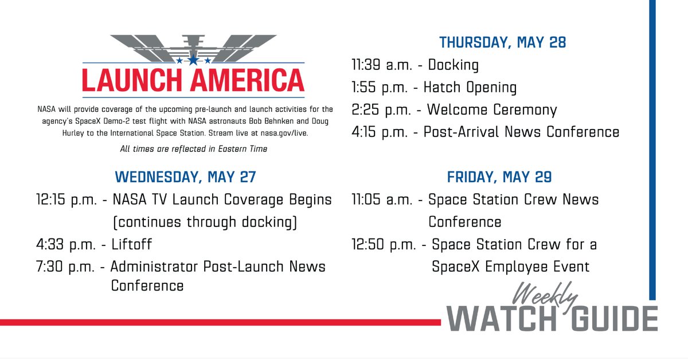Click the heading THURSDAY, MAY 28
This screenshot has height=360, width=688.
[x=502, y=42]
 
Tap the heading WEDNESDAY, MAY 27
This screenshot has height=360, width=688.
[x=185, y=177]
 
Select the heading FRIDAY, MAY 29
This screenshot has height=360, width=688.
[x=499, y=177]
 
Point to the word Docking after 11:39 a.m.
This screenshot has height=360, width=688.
[x=453, y=65]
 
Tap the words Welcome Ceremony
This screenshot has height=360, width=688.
[x=490, y=110]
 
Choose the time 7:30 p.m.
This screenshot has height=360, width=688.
[x=64, y=267]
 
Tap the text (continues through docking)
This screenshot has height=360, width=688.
[x=204, y=222]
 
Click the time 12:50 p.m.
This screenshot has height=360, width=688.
[x=384, y=245]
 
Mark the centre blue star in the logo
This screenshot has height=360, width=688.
[x=193, y=59]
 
